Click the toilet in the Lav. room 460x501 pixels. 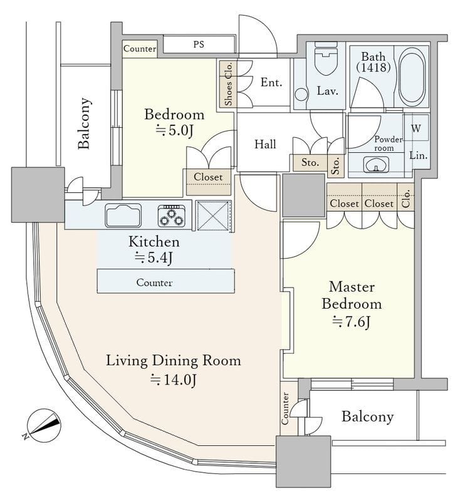click(326, 58)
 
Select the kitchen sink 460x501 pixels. click(123, 215)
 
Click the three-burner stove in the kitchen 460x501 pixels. click(171, 215)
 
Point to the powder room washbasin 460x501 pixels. click(376, 165)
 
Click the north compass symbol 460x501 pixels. click(43, 425)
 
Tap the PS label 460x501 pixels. click(199, 44)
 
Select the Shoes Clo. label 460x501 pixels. click(228, 84)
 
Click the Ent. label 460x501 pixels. click(271, 83)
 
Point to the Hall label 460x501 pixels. click(265, 144)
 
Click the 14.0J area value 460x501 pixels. click(173, 380)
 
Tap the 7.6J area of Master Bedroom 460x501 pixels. click(352, 322)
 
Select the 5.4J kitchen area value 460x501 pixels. click(154, 258)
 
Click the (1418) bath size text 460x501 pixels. click(374, 68)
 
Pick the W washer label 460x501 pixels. click(416, 128)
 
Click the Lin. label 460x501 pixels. click(419, 155)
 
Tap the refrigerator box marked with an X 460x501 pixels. click(213, 215)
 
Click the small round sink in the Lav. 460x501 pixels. click(301, 95)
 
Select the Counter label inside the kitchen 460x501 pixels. click(154, 282)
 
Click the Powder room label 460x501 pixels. click(388, 144)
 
